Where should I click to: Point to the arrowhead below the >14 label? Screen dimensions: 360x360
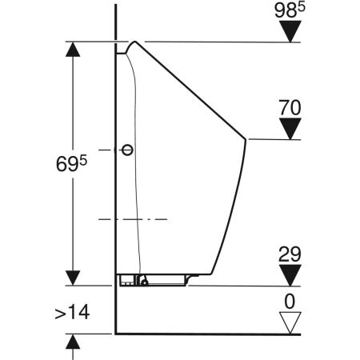(73, 343)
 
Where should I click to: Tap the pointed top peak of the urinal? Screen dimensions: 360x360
(138, 42)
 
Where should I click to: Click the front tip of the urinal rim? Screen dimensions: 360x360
(243, 140)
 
